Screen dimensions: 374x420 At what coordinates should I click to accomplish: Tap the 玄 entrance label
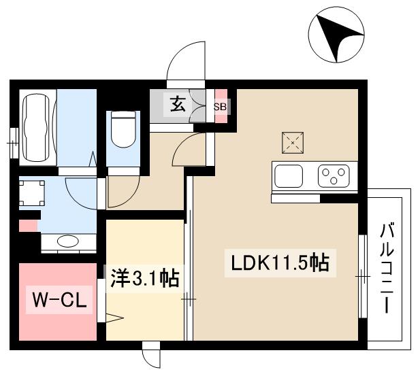[x=178, y=105]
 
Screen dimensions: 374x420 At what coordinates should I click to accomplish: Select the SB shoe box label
[x=221, y=107]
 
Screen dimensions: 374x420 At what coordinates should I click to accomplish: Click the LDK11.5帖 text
[x=278, y=262]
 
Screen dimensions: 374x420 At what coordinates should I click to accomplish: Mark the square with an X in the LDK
[x=293, y=142]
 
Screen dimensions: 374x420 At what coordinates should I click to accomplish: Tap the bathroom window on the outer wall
[x=12, y=143]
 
